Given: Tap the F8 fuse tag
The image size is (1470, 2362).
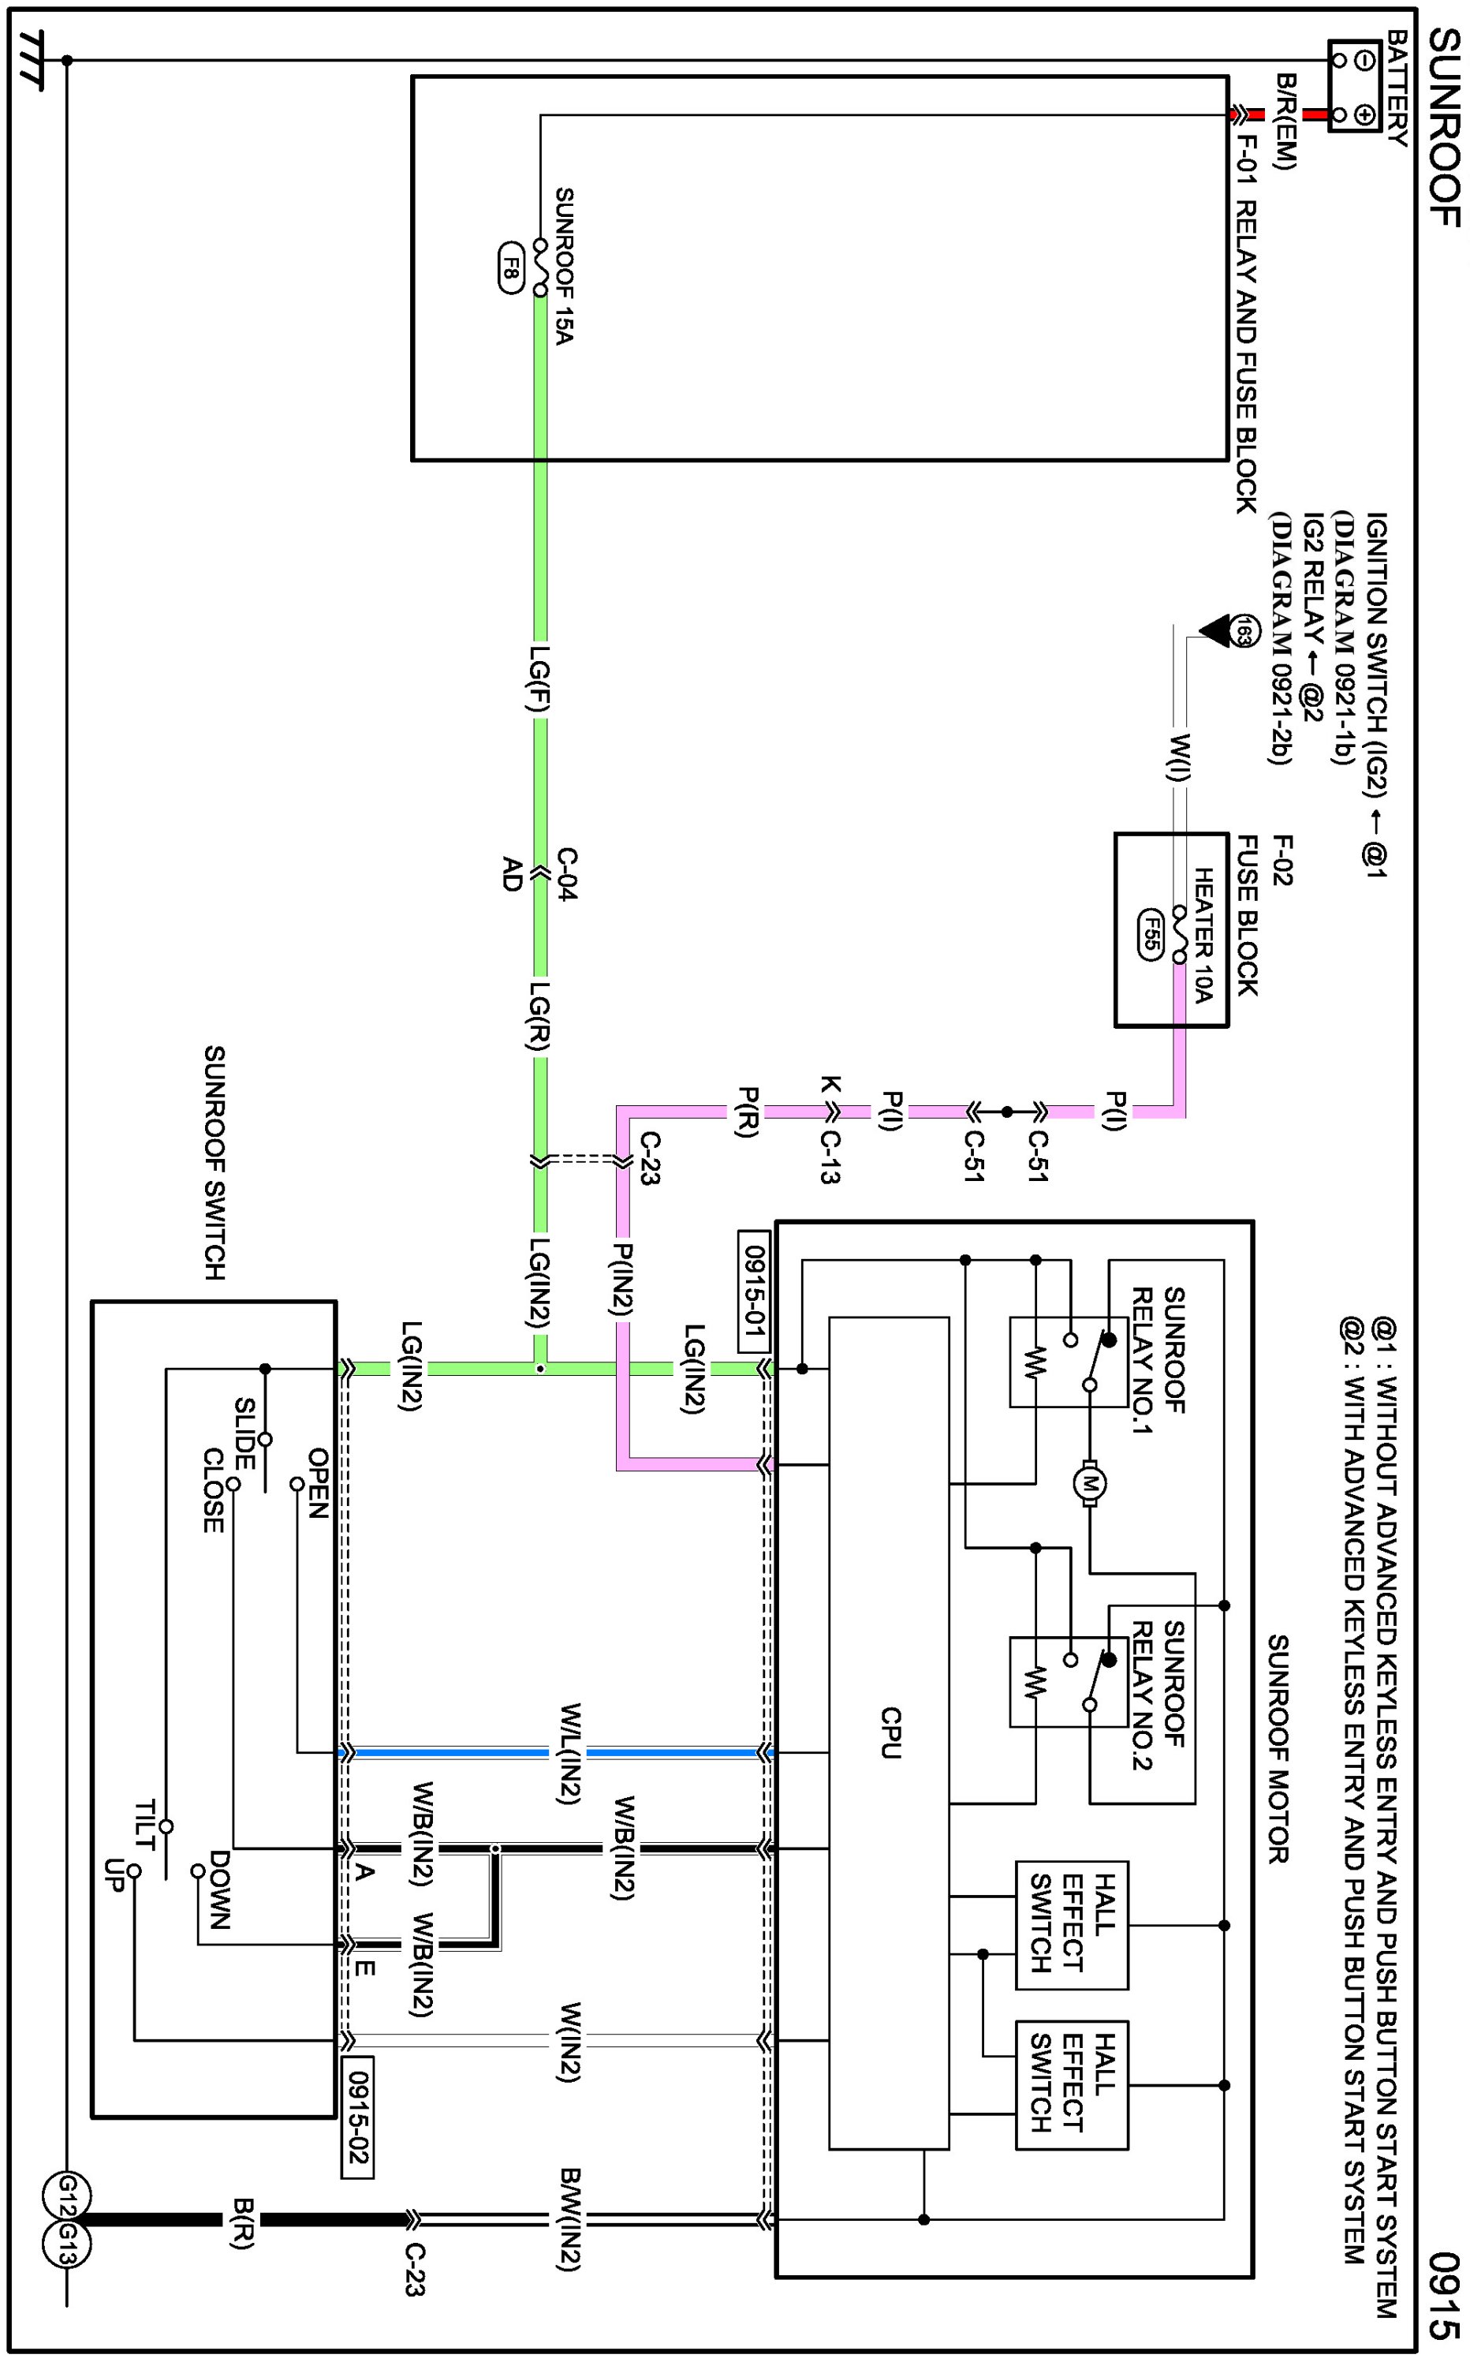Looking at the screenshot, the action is tap(510, 267).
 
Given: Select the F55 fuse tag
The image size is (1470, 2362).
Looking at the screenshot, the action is tap(1150, 936).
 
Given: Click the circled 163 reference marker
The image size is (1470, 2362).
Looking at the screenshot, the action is tap(1244, 632).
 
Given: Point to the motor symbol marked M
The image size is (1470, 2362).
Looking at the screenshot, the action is tap(1090, 1483).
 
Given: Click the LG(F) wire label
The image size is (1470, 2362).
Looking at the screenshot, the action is tap(539, 681).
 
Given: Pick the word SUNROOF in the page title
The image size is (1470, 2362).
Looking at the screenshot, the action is tap(1445, 127).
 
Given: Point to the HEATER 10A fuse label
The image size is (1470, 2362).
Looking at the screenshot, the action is tap(1203, 936).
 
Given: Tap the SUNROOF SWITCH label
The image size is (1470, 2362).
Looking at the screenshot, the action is tap(214, 1162).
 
